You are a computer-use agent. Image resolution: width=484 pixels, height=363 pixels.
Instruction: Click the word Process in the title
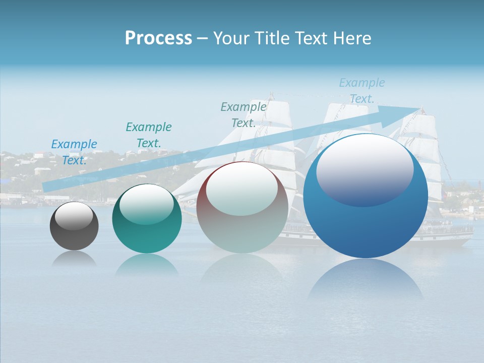point(158,38)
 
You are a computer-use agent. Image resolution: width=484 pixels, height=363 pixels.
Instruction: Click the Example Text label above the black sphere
point(74,152)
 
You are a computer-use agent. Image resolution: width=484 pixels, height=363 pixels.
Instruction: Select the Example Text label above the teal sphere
point(149,135)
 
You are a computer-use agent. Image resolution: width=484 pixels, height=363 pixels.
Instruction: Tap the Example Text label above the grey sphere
point(244,115)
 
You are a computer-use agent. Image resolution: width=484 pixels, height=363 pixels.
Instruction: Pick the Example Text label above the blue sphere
point(362,91)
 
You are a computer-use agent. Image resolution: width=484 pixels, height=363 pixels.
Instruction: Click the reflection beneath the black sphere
point(74,258)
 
